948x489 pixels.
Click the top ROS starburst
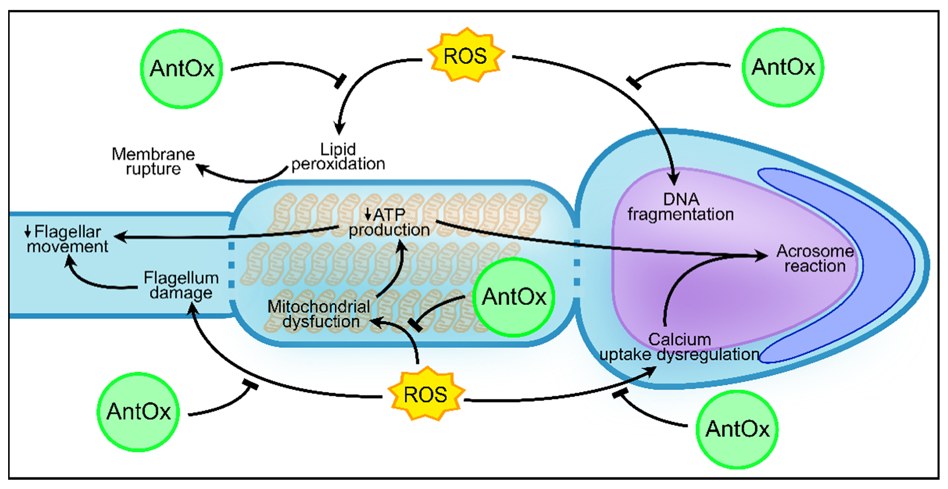[x=465, y=56]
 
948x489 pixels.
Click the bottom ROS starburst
[x=426, y=394]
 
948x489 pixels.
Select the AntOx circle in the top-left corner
[x=182, y=69]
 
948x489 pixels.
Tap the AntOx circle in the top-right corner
[x=783, y=67]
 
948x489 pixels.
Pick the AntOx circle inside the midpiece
[x=514, y=297]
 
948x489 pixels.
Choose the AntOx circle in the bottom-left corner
[x=138, y=412]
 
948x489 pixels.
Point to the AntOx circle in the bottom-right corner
[x=737, y=429]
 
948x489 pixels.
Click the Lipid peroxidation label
[x=338, y=157]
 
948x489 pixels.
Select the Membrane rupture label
[x=153, y=161]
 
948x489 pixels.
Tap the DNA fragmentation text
[x=680, y=207]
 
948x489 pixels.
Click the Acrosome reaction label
[x=814, y=258]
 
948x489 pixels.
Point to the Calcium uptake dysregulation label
[x=679, y=347]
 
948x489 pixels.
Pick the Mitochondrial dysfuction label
[x=319, y=314]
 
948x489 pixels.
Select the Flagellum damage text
[x=181, y=285]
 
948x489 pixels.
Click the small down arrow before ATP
[x=367, y=214]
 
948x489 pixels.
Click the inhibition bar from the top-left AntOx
[x=341, y=81]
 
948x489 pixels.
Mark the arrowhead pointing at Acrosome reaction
[x=762, y=256]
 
